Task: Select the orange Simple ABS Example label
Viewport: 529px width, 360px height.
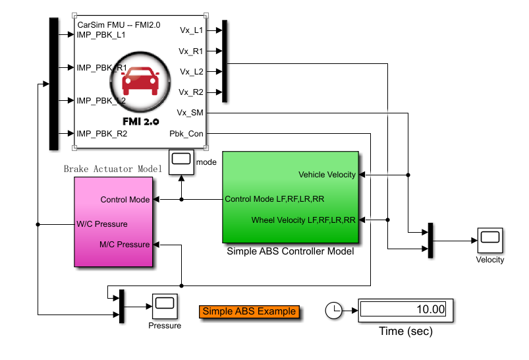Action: [249, 311]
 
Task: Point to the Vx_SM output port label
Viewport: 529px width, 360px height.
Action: [190, 113]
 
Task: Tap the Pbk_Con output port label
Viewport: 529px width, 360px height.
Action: [186, 134]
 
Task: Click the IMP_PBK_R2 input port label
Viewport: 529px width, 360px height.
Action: [102, 134]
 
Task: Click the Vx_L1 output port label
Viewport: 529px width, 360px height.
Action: [191, 30]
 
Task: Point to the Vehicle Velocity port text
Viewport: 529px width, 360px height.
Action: [327, 175]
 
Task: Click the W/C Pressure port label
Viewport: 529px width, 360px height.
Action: [102, 224]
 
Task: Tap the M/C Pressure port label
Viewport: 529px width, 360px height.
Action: [125, 245]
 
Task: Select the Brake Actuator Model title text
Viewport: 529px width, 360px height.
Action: [113, 169]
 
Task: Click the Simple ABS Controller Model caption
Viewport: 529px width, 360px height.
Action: [291, 251]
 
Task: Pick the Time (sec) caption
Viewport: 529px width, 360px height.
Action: [406, 332]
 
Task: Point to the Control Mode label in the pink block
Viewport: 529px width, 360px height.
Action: [125, 199]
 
